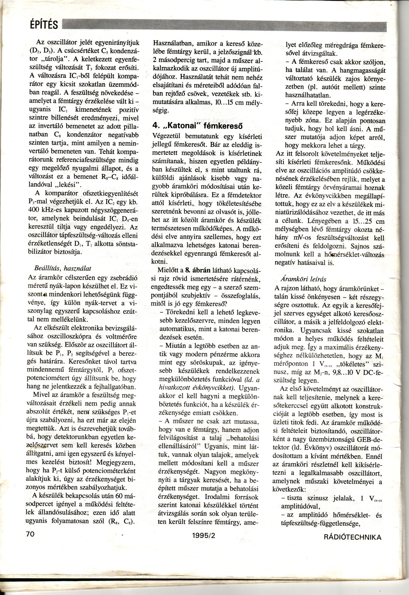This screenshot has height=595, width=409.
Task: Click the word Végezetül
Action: tap(168, 136)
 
